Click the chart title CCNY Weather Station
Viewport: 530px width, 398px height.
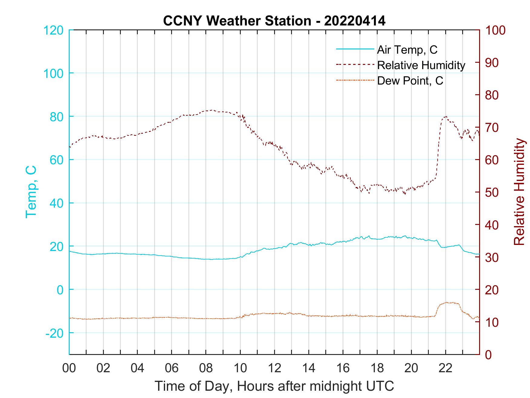(274, 21)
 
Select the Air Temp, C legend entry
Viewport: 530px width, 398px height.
(407, 49)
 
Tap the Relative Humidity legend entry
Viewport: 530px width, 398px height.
(421, 65)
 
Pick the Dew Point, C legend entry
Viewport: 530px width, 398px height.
(410, 81)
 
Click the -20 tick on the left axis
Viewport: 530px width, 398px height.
(55, 333)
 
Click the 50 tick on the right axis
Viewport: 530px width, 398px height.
(492, 192)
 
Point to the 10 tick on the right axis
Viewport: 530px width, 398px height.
(492, 322)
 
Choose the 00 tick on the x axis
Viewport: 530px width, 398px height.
(69, 368)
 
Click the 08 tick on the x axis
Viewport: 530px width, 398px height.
(206, 368)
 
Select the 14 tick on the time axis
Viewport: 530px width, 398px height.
(309, 368)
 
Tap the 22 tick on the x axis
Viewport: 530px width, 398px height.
(446, 368)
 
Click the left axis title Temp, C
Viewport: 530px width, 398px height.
(31, 192)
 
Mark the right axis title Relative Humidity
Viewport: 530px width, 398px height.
(519, 192)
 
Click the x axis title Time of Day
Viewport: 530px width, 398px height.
(274, 386)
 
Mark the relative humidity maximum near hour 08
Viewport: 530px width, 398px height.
(211, 110)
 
